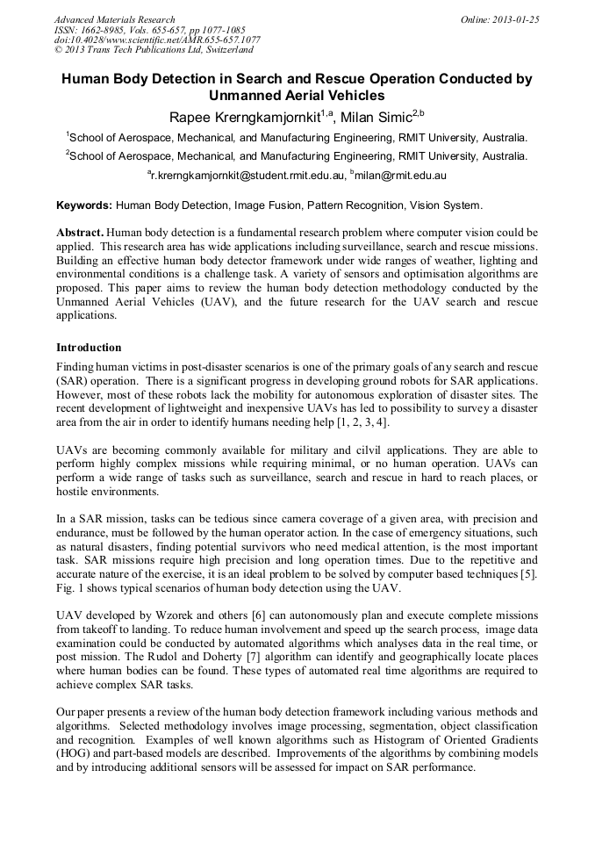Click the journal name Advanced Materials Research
[x=115, y=19]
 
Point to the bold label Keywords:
[x=84, y=205]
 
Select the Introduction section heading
[x=89, y=348]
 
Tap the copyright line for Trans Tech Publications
[x=154, y=50]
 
